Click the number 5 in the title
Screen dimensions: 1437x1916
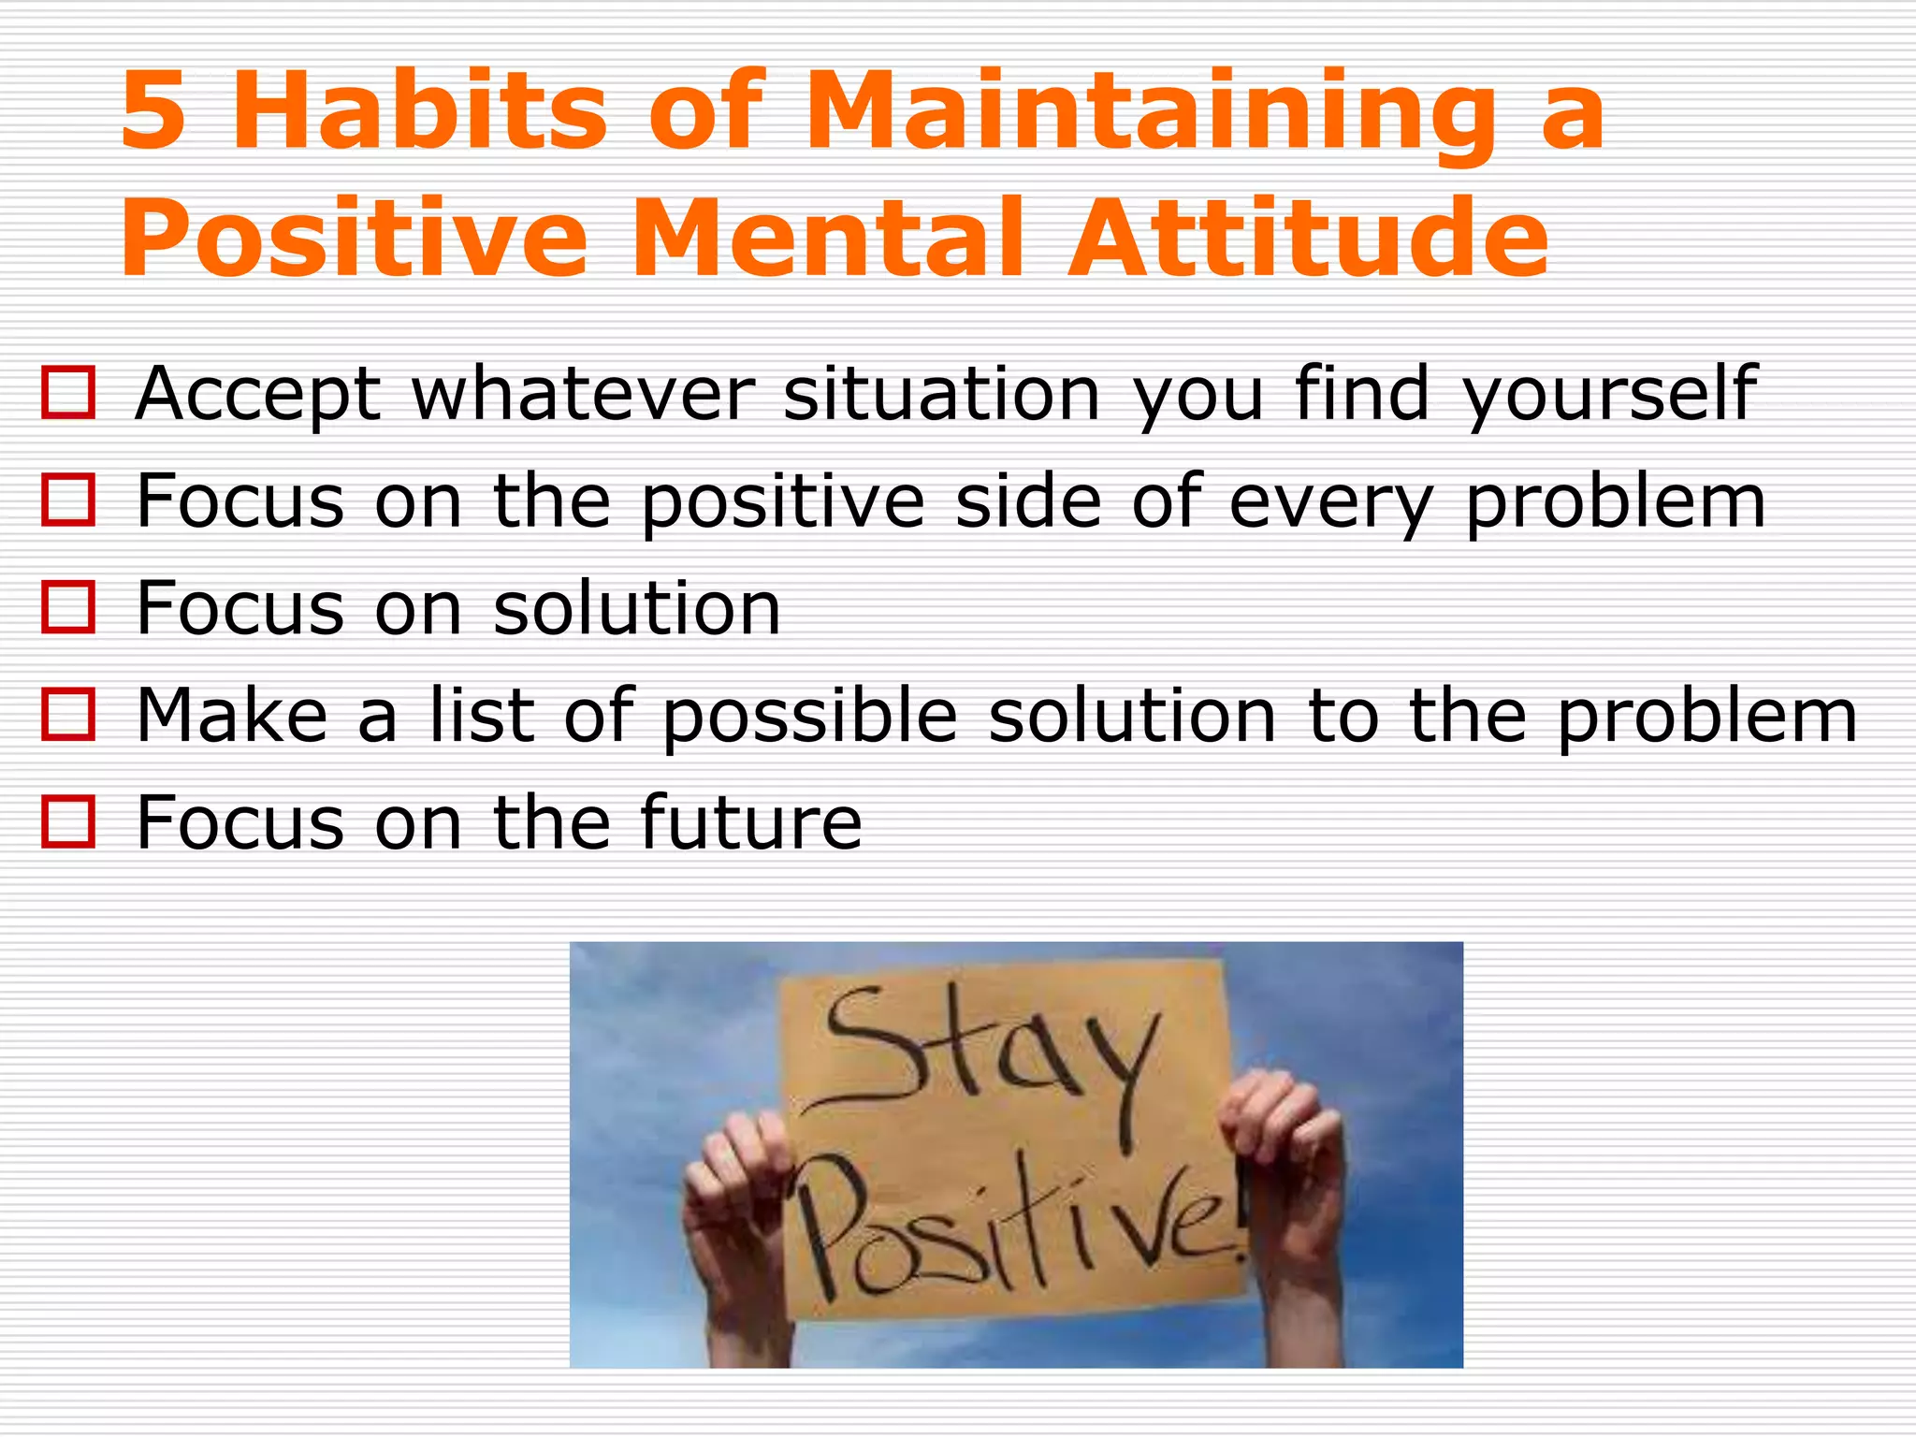click(x=152, y=112)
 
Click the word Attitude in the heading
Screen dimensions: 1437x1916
click(x=1308, y=239)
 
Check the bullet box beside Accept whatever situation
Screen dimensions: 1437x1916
click(x=68, y=393)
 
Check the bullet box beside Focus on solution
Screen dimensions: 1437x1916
click(x=68, y=607)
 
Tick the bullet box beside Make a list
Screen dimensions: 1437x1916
click(x=68, y=715)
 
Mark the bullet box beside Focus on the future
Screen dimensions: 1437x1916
click(x=68, y=821)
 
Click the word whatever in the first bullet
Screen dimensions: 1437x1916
click(x=583, y=394)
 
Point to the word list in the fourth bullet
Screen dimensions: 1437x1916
click(x=481, y=716)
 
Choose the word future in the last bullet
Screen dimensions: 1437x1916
click(x=750, y=823)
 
